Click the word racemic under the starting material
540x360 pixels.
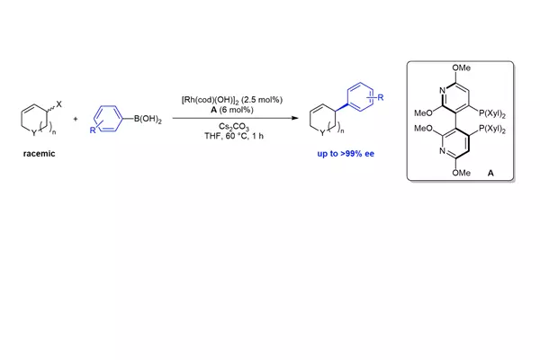point(39,154)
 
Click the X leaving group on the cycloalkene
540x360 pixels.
point(58,104)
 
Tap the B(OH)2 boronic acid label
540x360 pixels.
point(148,119)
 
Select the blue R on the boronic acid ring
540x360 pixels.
point(93,130)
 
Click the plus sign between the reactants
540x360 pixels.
point(76,119)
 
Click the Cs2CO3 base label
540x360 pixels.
point(234,127)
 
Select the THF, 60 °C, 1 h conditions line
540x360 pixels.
point(234,136)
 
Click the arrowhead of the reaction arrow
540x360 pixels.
point(295,118)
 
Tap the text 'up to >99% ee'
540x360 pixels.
point(346,154)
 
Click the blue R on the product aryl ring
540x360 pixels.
point(380,97)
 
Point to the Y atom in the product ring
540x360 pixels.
point(322,133)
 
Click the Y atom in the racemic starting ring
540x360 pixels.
point(33,133)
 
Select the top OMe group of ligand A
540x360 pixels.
point(462,67)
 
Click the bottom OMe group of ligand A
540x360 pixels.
point(462,173)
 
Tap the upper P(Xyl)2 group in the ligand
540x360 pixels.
point(492,113)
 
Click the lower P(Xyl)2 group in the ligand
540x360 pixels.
point(492,130)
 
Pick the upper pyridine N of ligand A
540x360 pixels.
point(442,91)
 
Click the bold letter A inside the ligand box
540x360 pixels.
point(490,173)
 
